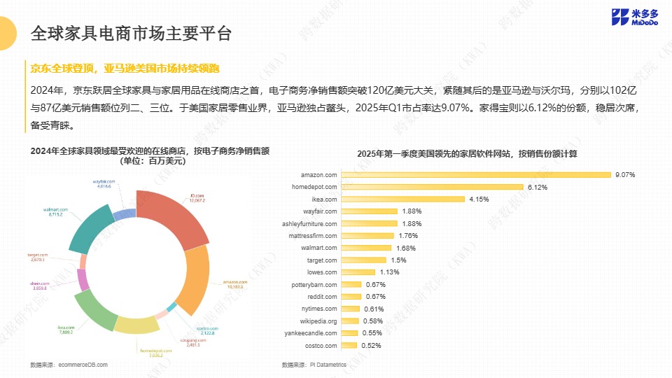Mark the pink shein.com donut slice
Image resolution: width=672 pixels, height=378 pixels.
[83, 280]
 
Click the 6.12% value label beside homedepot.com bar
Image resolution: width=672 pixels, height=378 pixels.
[538, 187]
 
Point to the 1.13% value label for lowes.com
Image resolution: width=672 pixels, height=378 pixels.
[388, 272]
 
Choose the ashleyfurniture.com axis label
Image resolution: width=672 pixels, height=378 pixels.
[309, 224]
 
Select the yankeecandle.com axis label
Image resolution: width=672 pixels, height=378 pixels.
[314, 333]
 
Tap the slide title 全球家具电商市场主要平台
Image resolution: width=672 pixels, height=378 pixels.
[131, 33]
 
